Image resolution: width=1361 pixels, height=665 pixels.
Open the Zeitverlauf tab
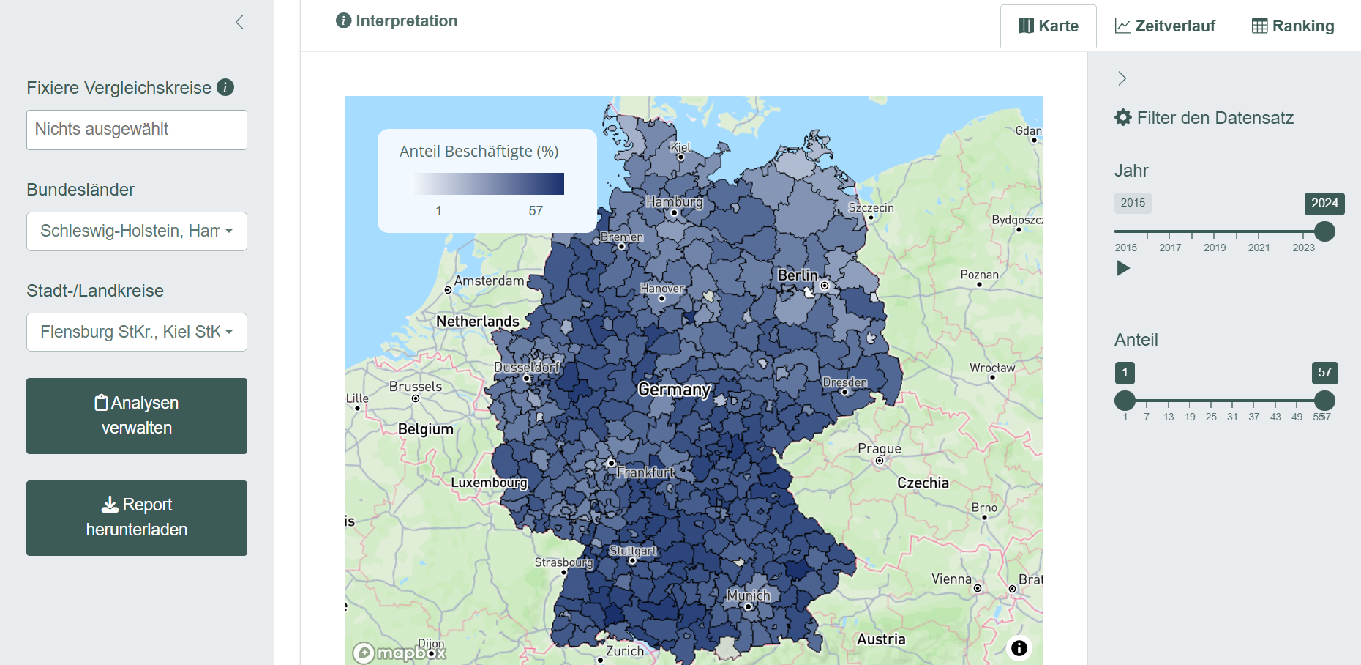[x=1165, y=26]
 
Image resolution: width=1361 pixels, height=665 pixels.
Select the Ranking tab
[x=1293, y=26]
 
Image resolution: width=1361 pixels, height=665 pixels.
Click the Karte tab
[x=1048, y=26]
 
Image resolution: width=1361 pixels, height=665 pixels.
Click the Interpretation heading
[x=397, y=21]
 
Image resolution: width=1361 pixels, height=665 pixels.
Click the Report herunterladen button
[x=137, y=518]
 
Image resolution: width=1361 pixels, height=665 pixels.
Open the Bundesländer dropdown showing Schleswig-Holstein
[x=137, y=231]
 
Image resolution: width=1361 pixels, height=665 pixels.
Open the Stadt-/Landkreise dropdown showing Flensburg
[x=137, y=332]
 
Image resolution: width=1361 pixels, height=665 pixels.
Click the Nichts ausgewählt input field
[x=137, y=130]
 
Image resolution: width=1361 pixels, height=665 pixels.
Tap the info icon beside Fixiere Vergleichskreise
[x=225, y=87]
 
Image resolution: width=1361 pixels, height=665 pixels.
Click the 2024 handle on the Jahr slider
[x=1324, y=231]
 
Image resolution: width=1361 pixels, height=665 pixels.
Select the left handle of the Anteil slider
[x=1125, y=401]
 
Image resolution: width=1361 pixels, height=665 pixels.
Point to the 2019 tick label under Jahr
[x=1215, y=248]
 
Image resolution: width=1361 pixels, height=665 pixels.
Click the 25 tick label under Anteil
[x=1211, y=417]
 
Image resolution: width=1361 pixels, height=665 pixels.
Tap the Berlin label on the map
[x=797, y=275]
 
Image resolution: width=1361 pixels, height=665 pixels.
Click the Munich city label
[x=748, y=595]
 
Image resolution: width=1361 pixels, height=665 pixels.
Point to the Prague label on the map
[x=879, y=449]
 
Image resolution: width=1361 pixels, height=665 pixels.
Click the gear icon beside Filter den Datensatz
[x=1122, y=117]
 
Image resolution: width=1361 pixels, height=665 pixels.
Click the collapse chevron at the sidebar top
[x=239, y=22]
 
